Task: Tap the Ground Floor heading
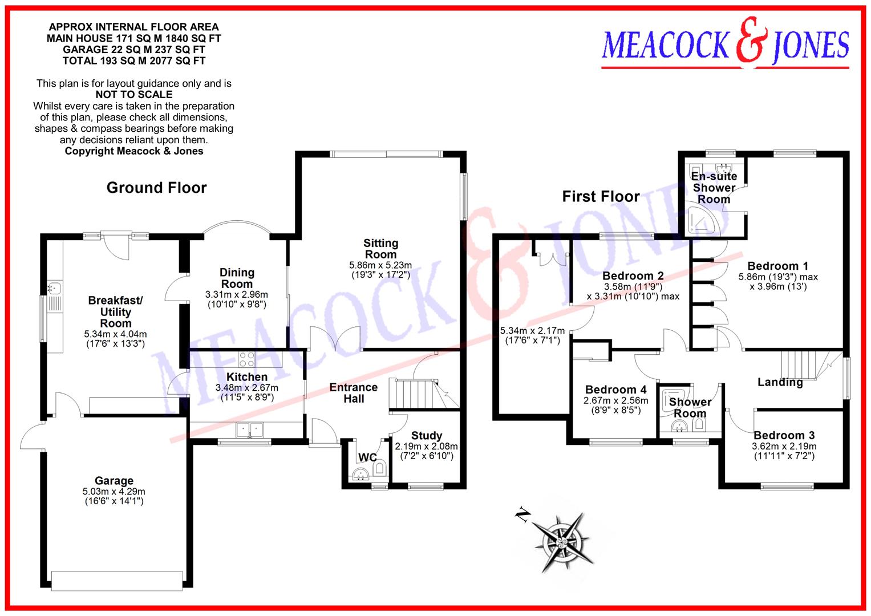pos(156,188)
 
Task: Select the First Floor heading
pos(601,197)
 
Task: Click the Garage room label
pos(114,481)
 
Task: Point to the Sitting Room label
pos(380,249)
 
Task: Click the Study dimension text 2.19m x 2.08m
pos(426,447)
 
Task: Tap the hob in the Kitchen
pos(247,359)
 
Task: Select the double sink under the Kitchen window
pos(249,429)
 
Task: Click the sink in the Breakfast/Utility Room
pos(55,288)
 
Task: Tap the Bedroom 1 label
pos(777,266)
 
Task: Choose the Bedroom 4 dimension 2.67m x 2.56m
pos(615,401)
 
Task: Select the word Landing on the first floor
pos(780,382)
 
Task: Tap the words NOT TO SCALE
pos(134,95)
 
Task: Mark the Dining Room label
pos(237,278)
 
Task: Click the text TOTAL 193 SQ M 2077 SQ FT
pos(134,60)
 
